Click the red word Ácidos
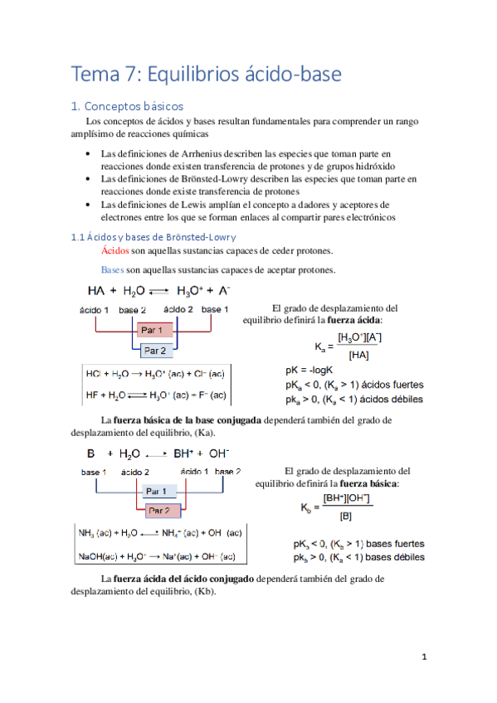[x=115, y=251]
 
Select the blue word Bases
[x=112, y=270]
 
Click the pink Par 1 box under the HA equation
[x=154, y=331]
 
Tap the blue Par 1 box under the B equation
[x=158, y=491]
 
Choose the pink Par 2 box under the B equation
[x=158, y=511]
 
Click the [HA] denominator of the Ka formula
[x=358, y=355]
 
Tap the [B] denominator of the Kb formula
[x=345, y=516]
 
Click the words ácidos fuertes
[x=392, y=385]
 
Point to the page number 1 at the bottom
[x=424, y=657]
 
